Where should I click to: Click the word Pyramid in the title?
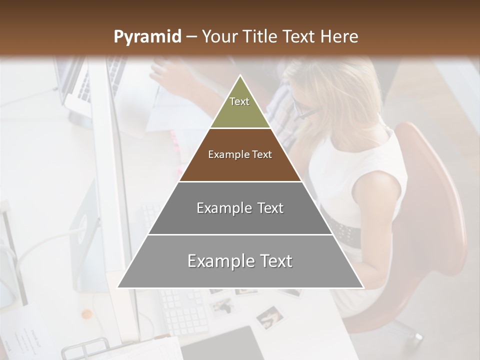[147, 37]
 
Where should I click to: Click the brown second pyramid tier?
[240, 155]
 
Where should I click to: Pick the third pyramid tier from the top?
[240, 208]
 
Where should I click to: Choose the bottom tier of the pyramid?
[240, 261]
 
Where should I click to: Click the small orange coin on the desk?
[87, 314]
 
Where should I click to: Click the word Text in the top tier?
[239, 101]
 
